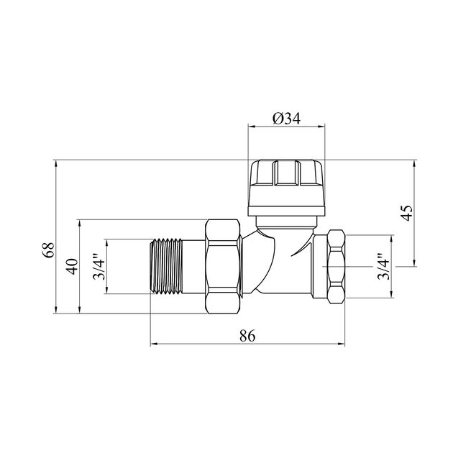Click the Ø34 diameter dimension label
[287, 119]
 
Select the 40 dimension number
[72, 266]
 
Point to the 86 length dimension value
[247, 336]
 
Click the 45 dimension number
[407, 213]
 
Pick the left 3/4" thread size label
[99, 267]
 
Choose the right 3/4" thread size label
[384, 267]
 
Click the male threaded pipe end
[166, 266]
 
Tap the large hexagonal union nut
[223, 267]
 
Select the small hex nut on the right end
[337, 267]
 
